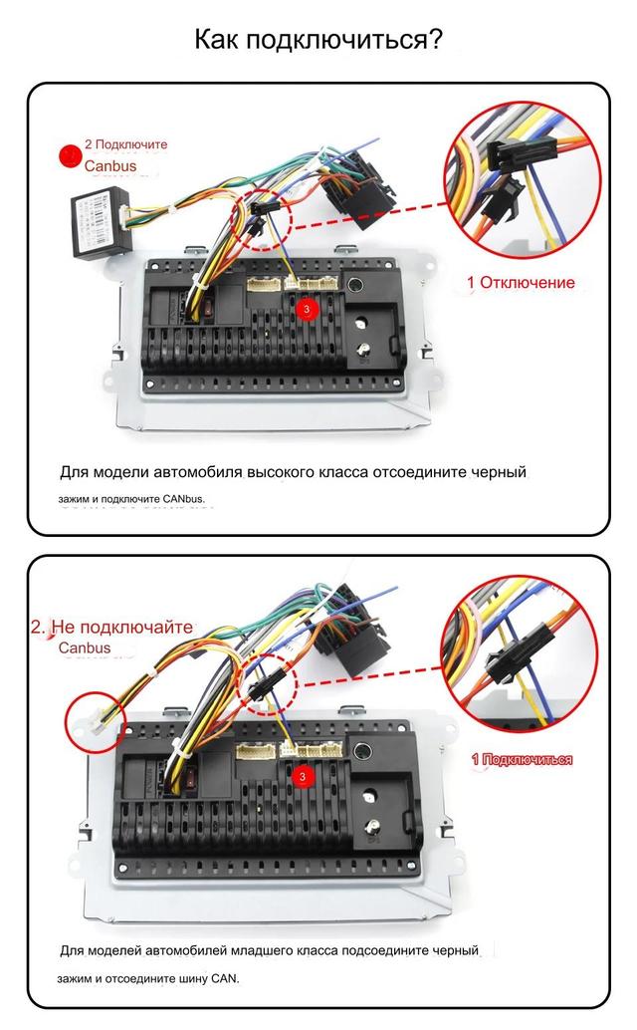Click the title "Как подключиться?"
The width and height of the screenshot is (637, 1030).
(318, 39)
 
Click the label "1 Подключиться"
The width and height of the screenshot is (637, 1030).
(522, 759)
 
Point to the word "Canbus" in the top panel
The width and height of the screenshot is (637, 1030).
(109, 166)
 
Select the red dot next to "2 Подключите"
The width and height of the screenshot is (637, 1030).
(70, 155)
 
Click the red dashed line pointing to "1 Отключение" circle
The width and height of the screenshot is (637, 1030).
(368, 215)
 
